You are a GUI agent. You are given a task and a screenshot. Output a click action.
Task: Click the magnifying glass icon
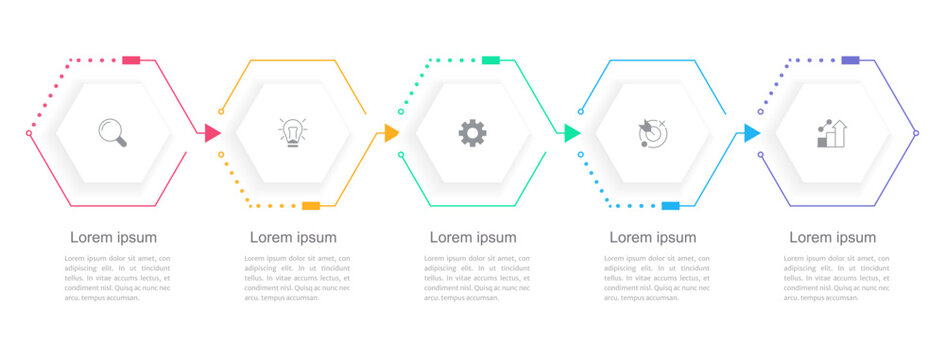pos(113,133)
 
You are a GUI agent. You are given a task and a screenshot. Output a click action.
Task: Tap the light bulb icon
pos(292,133)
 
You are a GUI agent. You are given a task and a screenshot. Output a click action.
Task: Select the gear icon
pos(473,133)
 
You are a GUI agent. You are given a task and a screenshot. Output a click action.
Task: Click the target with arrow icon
pos(652,133)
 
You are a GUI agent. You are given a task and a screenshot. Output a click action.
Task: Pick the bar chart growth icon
pos(832,133)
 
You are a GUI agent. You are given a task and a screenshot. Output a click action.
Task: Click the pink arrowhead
pos(213,133)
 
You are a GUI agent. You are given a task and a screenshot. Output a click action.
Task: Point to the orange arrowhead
pos(392,133)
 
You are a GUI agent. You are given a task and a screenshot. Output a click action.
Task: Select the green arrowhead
pos(572,133)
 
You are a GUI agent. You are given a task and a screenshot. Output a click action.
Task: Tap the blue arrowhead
pos(752,133)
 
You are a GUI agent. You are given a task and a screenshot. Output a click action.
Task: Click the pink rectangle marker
pos(131,60)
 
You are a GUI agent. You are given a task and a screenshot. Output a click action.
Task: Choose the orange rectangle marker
pos(311,206)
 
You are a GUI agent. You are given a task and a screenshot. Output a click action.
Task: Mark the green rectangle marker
pos(491,60)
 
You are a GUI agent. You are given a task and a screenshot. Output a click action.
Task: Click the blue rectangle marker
pos(671,206)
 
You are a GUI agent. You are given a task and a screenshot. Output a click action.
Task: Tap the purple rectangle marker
pos(850,60)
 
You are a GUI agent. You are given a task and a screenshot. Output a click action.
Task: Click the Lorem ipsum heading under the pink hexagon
pos(113,238)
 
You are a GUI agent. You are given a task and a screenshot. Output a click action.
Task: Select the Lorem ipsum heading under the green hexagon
pos(473,238)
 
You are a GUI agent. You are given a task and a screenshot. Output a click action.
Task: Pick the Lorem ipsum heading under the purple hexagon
pos(833,238)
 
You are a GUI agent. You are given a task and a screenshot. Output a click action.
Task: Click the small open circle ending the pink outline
pos(29,133)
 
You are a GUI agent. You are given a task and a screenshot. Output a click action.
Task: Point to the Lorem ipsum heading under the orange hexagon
pos(293,238)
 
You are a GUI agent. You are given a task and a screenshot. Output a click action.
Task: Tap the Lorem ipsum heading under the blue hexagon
pos(653,238)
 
